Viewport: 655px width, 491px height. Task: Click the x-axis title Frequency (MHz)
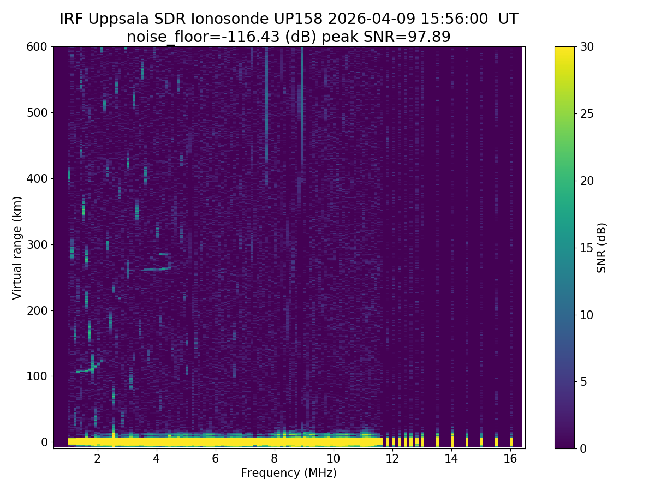click(289, 473)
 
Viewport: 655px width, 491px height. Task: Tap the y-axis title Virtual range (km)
click(17, 248)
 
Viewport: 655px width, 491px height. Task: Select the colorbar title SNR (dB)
click(602, 248)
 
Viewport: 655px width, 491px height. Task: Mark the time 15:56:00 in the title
click(455, 19)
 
